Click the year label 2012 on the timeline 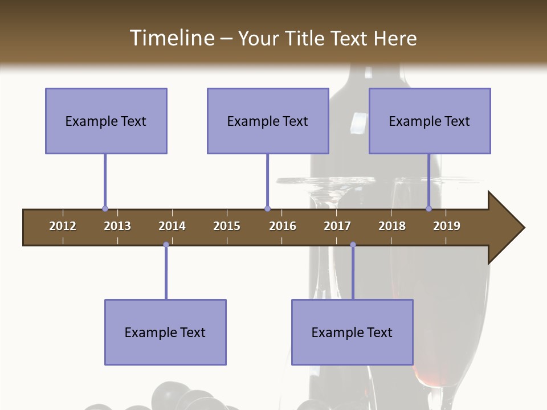pyautogui.click(x=63, y=226)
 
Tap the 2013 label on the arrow pyautogui.click(x=117, y=226)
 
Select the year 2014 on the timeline pyautogui.click(x=172, y=226)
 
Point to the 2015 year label pyautogui.click(x=227, y=226)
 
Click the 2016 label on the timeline pyautogui.click(x=283, y=226)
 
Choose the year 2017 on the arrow pyautogui.click(x=337, y=226)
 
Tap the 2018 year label pyautogui.click(x=392, y=226)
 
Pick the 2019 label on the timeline pyautogui.click(x=447, y=226)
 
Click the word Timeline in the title pyautogui.click(x=171, y=38)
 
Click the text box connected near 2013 pyautogui.click(x=106, y=121)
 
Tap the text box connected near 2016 pyautogui.click(x=268, y=121)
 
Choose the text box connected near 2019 pyautogui.click(x=430, y=121)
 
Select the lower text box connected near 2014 pyautogui.click(x=165, y=332)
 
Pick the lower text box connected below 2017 pyautogui.click(x=352, y=332)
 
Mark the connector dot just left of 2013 pyautogui.click(x=105, y=209)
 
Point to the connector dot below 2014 pyautogui.click(x=166, y=245)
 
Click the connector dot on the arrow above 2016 pyautogui.click(x=267, y=209)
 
